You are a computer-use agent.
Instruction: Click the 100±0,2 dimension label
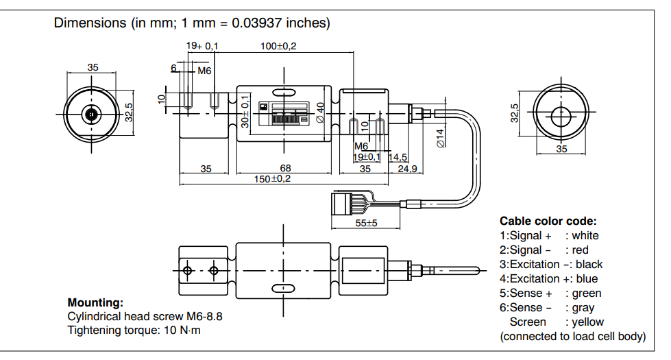[x=283, y=46]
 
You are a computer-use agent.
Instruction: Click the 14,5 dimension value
[x=398, y=157]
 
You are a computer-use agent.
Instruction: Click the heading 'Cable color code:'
[x=548, y=221]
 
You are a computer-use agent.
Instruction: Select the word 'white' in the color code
[x=585, y=236]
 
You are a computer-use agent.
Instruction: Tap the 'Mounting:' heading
[x=95, y=302]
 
